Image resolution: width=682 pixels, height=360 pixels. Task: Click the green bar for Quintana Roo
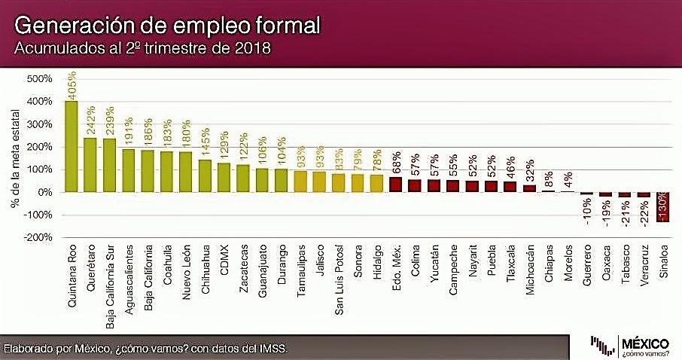point(72,146)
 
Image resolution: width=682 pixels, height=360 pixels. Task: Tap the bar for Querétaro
point(90,165)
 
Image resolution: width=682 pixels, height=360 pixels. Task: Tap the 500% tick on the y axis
point(38,79)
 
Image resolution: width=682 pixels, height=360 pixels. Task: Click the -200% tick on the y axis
point(37,237)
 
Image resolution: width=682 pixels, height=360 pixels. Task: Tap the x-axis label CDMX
point(224,261)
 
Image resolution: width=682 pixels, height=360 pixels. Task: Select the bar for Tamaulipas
point(300,182)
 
